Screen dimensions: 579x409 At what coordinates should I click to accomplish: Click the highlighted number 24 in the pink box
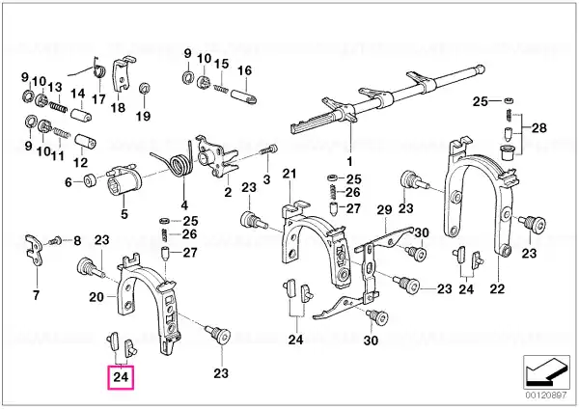click(121, 377)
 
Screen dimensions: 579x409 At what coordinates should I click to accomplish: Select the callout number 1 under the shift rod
click(349, 162)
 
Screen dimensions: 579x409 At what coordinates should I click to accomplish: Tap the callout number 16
click(244, 70)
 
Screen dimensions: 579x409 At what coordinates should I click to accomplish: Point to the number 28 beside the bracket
click(539, 128)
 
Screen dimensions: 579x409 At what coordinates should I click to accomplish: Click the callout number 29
click(384, 210)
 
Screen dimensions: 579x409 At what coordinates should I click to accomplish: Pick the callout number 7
click(36, 295)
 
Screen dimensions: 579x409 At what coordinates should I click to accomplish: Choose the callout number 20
click(96, 296)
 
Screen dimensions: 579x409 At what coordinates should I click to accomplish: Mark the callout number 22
click(497, 288)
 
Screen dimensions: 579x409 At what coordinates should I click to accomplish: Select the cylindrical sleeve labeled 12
click(85, 142)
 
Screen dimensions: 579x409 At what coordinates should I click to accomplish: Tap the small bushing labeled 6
click(90, 181)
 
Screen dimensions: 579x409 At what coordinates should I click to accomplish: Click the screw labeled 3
click(268, 150)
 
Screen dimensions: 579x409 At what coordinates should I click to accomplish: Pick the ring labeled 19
click(144, 89)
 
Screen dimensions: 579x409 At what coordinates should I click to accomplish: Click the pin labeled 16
click(244, 95)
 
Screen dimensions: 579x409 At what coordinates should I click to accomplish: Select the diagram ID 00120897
click(546, 395)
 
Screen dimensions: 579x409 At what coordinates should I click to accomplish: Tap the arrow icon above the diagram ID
click(546, 371)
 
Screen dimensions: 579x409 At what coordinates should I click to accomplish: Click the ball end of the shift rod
click(480, 68)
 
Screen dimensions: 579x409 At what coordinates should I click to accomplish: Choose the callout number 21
click(289, 174)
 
